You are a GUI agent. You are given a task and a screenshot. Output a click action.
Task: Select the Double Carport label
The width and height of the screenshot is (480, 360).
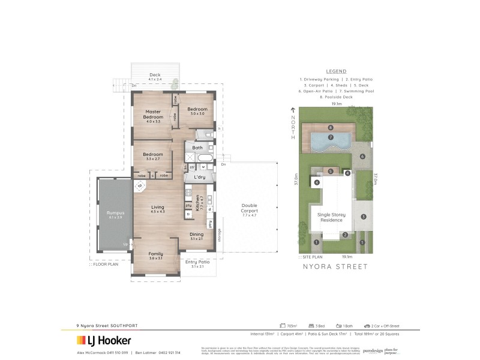pos(249,208)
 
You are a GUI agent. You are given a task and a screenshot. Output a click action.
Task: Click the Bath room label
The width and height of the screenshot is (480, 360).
pos(197,147)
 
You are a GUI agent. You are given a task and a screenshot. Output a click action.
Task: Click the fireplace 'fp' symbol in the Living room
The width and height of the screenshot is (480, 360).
pos(140,186)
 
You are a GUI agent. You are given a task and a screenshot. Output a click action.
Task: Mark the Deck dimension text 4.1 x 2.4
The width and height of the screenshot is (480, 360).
pos(155,79)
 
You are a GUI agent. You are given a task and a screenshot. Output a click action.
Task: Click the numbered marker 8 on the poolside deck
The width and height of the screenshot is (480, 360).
pos(331,127)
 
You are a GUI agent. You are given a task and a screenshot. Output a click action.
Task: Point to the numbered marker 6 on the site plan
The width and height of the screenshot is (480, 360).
pos(362,157)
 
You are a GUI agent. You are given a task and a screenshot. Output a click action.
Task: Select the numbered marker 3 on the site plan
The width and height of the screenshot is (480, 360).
pos(363,217)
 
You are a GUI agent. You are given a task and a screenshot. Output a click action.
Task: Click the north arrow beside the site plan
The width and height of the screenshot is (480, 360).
pos(293,110)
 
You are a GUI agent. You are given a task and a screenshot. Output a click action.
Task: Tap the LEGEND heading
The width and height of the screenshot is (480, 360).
pos(336,71)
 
